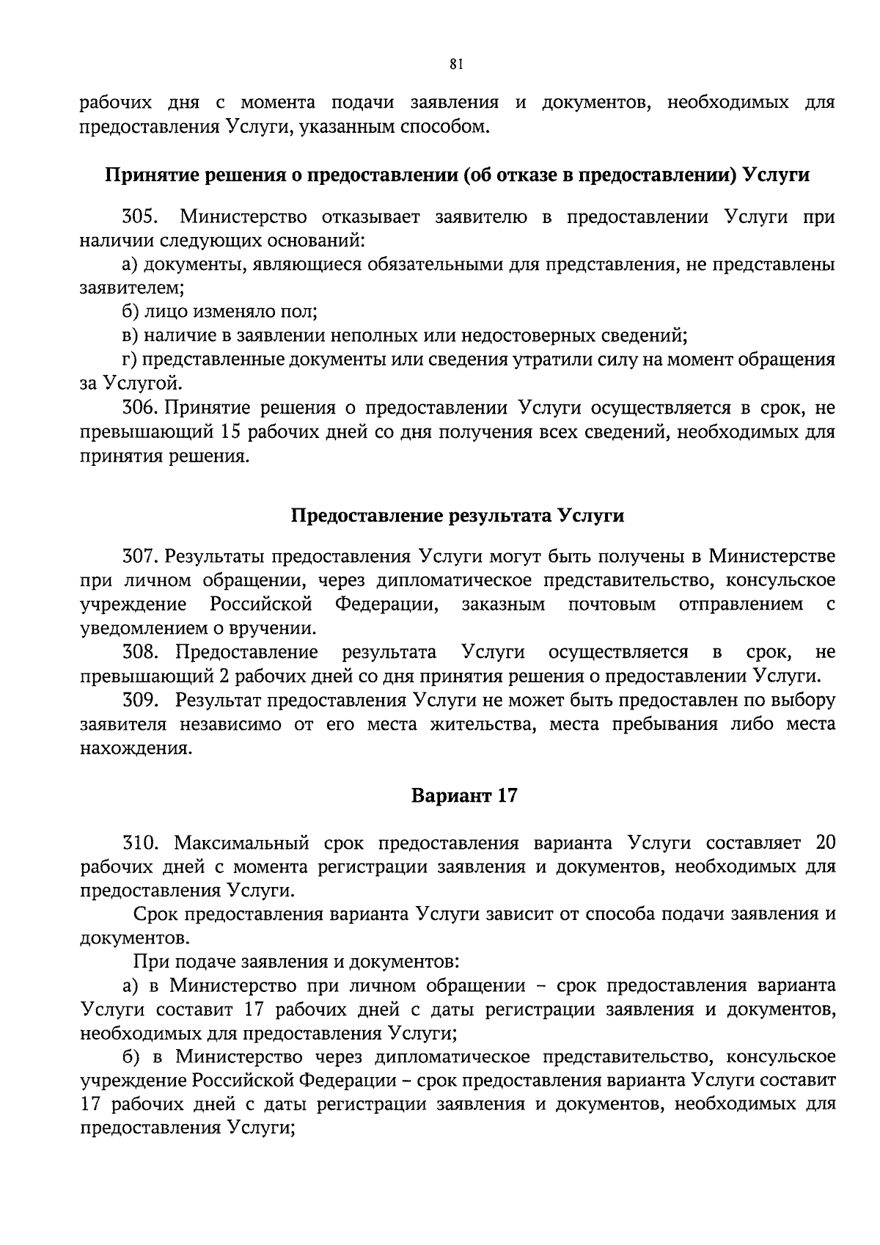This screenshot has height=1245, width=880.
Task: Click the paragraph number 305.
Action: point(141,216)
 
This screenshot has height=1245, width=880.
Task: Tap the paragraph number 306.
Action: point(141,408)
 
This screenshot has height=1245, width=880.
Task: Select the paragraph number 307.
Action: point(141,556)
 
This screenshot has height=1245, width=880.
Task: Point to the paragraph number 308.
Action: point(141,651)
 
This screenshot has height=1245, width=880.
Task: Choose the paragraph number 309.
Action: point(141,700)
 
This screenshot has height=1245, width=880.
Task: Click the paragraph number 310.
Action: point(141,842)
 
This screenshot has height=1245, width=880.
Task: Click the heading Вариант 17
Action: point(464,795)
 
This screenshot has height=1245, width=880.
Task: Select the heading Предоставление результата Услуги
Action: point(458,516)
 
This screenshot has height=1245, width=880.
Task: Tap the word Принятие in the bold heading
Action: point(150,176)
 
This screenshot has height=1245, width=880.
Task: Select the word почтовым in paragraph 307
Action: point(612,605)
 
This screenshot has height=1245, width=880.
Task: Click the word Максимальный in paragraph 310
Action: point(243,842)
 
